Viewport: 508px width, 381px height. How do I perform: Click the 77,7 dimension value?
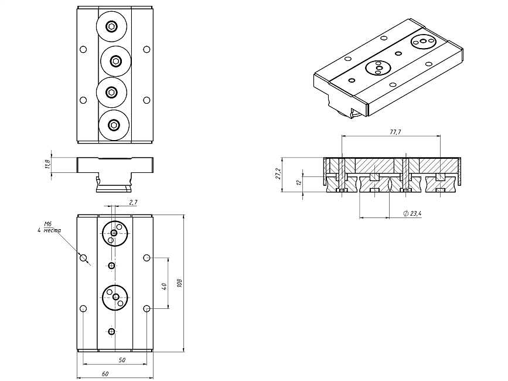[x=395, y=132]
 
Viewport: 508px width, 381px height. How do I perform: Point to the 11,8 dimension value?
[x=47, y=164]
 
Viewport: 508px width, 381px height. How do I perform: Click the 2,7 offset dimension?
[x=132, y=202]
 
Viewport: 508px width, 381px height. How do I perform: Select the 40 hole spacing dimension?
[x=164, y=285]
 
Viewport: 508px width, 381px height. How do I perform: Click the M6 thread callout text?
[x=49, y=224]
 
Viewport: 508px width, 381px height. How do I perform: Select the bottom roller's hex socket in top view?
[x=114, y=124]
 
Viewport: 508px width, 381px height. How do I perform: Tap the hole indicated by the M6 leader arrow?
[x=83, y=258]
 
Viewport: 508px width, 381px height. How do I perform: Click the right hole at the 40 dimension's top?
[x=146, y=258]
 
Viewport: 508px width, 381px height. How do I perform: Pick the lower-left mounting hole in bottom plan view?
[x=83, y=308]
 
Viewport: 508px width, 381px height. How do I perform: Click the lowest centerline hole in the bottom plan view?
[x=111, y=332]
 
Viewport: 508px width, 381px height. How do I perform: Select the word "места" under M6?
[x=49, y=230]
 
